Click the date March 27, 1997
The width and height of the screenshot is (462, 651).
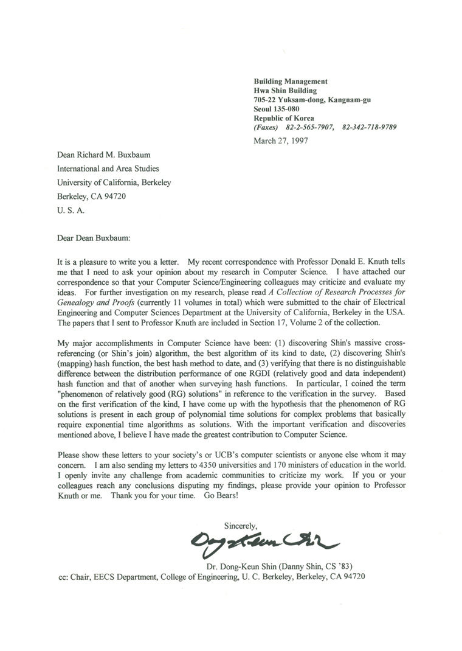[x=280, y=141]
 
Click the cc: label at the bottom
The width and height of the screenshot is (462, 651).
[x=62, y=576]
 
